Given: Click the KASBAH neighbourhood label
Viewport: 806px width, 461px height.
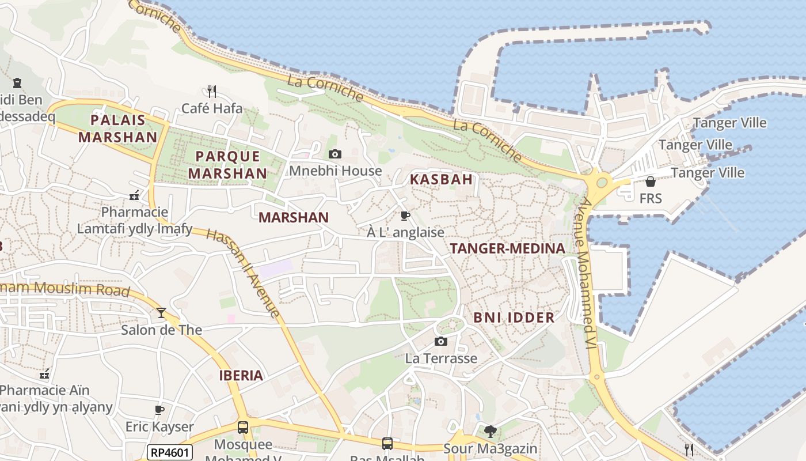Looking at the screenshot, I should (x=441, y=179).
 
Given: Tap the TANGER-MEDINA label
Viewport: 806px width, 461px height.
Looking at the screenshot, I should (x=507, y=248).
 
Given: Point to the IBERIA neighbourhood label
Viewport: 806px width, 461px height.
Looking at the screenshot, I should (x=241, y=376).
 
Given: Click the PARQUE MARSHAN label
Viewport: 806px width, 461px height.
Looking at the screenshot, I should (x=227, y=165).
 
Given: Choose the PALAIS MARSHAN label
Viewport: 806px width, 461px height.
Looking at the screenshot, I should (x=117, y=129).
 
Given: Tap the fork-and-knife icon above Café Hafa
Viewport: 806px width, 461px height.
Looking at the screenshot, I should (x=211, y=91).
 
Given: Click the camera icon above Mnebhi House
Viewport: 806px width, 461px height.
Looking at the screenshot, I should (x=334, y=154).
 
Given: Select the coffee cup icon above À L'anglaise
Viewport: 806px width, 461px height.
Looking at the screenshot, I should (x=405, y=216).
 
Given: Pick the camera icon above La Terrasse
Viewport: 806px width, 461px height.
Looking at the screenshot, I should (x=441, y=341).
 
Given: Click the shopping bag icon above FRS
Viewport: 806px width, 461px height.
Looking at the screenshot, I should (x=650, y=182).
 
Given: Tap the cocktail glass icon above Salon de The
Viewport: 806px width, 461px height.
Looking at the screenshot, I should (x=161, y=313).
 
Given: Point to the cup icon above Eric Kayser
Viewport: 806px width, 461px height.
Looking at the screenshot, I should (x=159, y=410).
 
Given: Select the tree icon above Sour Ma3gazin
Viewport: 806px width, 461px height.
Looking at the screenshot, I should (x=490, y=431).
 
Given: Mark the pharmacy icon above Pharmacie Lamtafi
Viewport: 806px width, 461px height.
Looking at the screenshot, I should (x=134, y=195).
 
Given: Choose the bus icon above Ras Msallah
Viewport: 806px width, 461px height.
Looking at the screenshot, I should (x=387, y=443).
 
